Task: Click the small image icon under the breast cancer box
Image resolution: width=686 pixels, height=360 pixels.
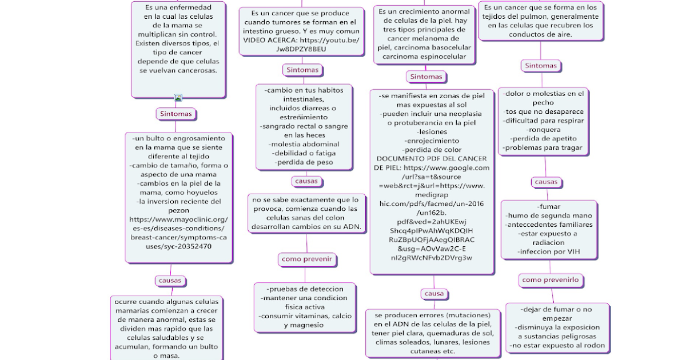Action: (x=178, y=98)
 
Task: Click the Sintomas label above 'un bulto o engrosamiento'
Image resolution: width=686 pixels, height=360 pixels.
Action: (x=176, y=114)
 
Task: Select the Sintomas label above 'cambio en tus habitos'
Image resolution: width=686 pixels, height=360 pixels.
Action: (x=303, y=70)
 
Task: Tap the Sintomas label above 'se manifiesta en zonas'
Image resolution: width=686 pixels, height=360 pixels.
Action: (x=426, y=77)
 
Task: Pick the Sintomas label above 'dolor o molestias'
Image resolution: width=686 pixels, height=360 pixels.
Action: (x=540, y=66)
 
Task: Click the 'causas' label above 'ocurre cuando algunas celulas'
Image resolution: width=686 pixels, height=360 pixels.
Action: (x=170, y=281)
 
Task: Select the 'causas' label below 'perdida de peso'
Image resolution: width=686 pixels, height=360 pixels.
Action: (x=307, y=181)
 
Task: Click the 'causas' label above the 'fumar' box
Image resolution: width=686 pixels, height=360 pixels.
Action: (x=545, y=182)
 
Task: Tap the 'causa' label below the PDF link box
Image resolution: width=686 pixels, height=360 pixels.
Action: (x=434, y=293)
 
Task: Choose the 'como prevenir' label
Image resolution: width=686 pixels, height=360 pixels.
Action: (x=306, y=259)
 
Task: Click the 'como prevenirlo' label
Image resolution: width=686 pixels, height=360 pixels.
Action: (x=551, y=280)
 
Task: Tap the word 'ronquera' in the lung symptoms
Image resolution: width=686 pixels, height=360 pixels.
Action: (x=544, y=129)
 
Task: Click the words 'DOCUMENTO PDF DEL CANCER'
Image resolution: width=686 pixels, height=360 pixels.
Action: (x=432, y=158)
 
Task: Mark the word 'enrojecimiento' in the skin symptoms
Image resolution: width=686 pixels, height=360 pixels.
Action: (x=430, y=141)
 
